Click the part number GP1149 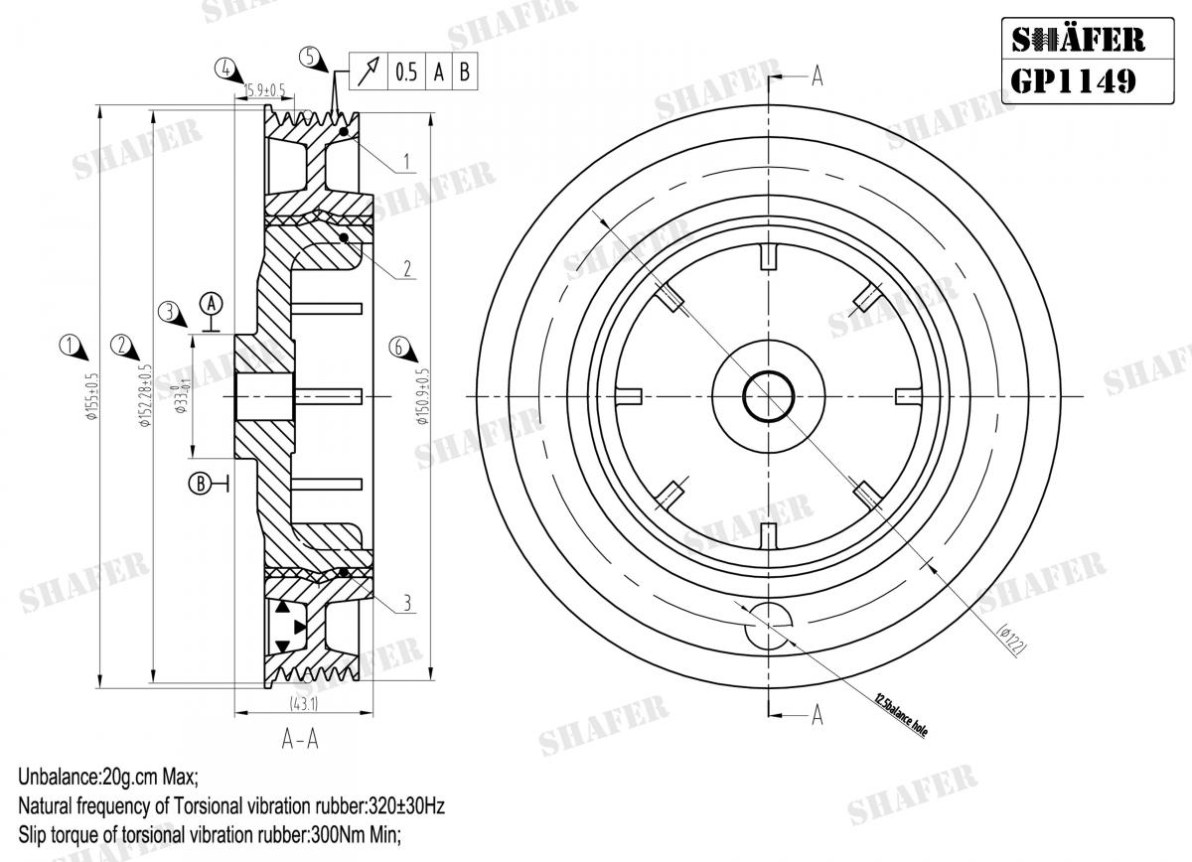point(1073,78)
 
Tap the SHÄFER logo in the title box point(1077,39)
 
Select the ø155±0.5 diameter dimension point(92,397)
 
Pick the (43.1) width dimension point(303,703)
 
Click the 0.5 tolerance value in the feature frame point(405,72)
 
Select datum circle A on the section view point(213,301)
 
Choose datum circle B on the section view point(200,484)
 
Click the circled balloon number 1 point(70,346)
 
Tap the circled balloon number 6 point(399,346)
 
